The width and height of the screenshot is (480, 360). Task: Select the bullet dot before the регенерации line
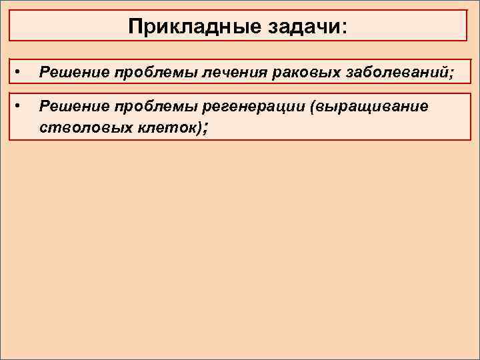click(20, 104)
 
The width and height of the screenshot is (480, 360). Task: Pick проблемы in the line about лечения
click(136, 72)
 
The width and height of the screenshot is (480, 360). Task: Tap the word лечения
click(207, 72)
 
